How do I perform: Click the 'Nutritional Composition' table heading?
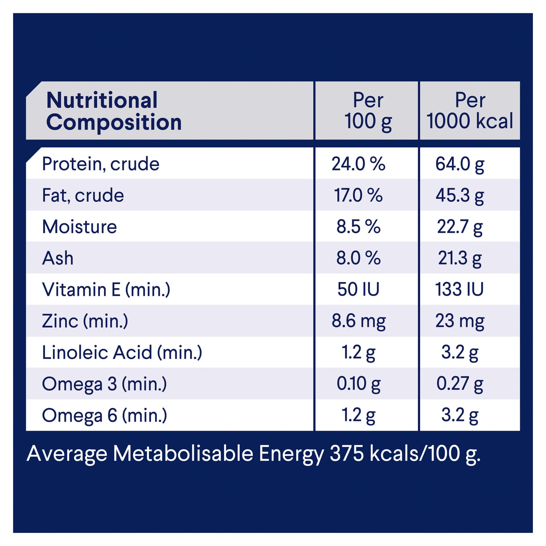tap(113, 111)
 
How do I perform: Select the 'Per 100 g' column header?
tap(368, 111)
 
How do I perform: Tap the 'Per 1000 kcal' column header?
tap(470, 111)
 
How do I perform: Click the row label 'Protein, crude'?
tap(101, 164)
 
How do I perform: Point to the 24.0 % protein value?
tap(358, 164)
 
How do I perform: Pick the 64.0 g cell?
tap(459, 164)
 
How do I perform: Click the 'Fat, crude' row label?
tap(83, 195)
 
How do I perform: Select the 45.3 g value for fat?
tap(459, 195)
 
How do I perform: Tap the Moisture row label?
tap(79, 227)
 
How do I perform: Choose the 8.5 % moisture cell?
tap(358, 227)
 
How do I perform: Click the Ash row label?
tap(58, 258)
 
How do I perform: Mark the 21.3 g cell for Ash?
tap(459, 258)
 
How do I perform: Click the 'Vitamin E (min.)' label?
tap(106, 290)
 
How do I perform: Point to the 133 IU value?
tap(459, 290)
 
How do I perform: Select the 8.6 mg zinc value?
tap(358, 321)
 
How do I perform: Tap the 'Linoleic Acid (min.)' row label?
tap(122, 353)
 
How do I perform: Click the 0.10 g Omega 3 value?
tap(358, 384)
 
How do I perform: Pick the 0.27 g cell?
tap(459, 384)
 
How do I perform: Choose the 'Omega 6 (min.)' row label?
tap(104, 415)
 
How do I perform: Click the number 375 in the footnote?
tap(346, 453)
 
